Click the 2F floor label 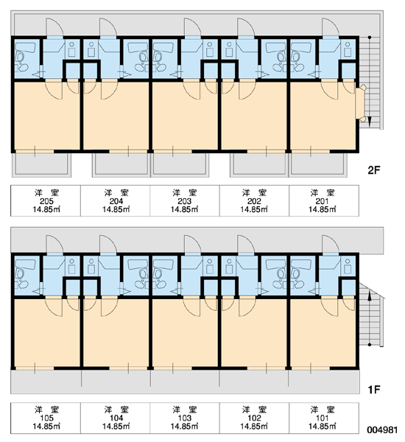374,170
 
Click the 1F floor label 374,390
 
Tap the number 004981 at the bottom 382,430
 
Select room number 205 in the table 46,201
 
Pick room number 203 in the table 185,201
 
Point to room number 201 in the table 323,201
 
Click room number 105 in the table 46,418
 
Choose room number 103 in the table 185,418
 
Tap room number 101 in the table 323,418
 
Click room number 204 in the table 116,201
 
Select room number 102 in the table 254,418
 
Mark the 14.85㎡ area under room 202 254,209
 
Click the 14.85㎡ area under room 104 116,427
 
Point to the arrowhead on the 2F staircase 370,122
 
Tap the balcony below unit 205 41,165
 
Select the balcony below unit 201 318,165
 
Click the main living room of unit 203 185,119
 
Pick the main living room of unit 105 47,335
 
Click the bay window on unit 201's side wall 360,103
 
